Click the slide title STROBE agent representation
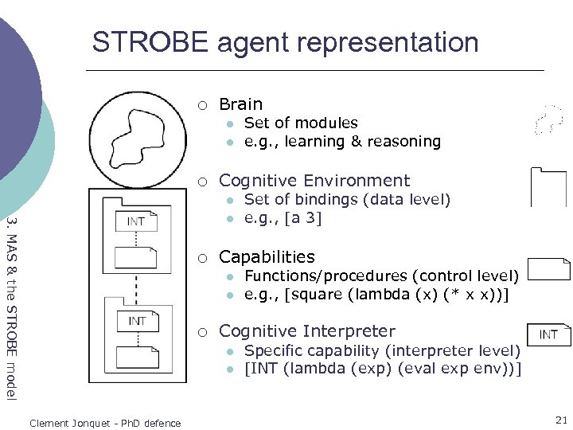285,42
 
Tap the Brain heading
240,104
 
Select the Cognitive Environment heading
314,181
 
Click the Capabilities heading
267,257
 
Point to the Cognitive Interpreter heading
306,331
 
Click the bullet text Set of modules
300,123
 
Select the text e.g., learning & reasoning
341,142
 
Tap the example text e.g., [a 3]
283,218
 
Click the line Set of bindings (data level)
347,200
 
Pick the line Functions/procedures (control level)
381,276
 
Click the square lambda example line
376,295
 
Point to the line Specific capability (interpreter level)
382,351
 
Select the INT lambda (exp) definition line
382,369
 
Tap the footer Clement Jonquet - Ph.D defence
104,423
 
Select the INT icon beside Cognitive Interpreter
549,334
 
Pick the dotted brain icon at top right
549,119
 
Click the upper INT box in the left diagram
137,221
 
